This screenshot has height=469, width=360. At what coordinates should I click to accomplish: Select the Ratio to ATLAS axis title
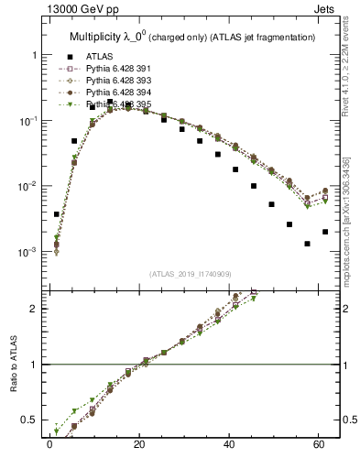[12, 364]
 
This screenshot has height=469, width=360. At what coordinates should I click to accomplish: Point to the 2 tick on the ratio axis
[37, 309]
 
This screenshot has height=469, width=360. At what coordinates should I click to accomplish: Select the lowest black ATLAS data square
[308, 244]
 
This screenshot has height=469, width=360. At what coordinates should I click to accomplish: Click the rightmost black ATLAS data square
[325, 232]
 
